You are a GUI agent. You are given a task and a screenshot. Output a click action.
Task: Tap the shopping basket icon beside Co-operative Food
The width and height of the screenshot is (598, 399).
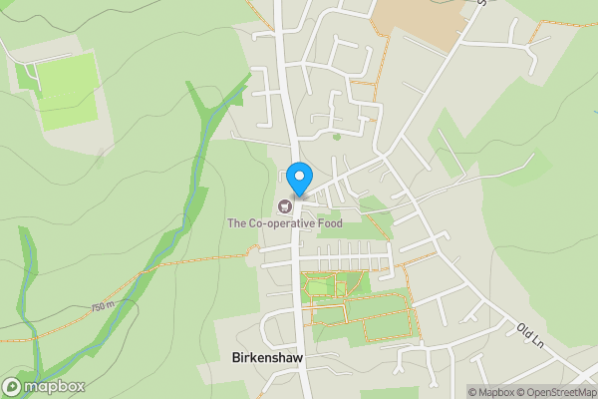pyautogui.click(x=285, y=206)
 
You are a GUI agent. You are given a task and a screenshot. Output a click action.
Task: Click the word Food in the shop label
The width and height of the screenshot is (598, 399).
pyautogui.click(x=328, y=223)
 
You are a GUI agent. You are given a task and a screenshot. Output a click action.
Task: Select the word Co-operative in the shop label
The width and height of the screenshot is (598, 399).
pyautogui.click(x=281, y=223)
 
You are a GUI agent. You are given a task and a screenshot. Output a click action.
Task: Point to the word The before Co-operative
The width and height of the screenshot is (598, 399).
pyautogui.click(x=237, y=223)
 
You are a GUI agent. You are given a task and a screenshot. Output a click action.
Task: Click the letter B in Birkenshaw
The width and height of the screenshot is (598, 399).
pyautogui.click(x=235, y=357)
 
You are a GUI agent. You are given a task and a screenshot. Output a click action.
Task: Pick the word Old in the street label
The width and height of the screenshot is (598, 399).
pyautogui.click(x=524, y=330)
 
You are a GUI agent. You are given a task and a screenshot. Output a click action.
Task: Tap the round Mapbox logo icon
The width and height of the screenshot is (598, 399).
pyautogui.click(x=13, y=386)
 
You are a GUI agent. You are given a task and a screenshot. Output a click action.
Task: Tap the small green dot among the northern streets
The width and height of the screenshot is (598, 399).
pyautogui.click(x=337, y=136)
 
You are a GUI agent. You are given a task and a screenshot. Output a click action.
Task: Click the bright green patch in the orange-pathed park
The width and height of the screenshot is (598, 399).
pyautogui.click(x=320, y=288)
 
